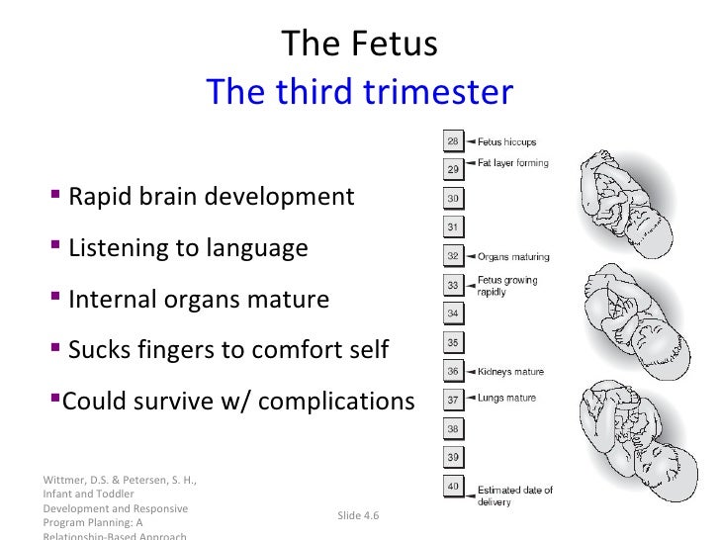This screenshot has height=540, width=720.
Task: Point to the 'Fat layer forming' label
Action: [x=512, y=163]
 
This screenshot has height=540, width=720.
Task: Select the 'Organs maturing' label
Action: [x=513, y=257]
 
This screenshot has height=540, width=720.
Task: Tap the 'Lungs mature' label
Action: [x=506, y=399]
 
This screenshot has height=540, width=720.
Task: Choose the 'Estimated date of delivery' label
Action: [x=515, y=495]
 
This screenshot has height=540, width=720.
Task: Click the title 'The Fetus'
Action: [x=359, y=44]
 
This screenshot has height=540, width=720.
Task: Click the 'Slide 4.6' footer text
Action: [x=358, y=516]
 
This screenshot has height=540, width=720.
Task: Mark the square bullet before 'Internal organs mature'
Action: [x=55, y=298]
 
